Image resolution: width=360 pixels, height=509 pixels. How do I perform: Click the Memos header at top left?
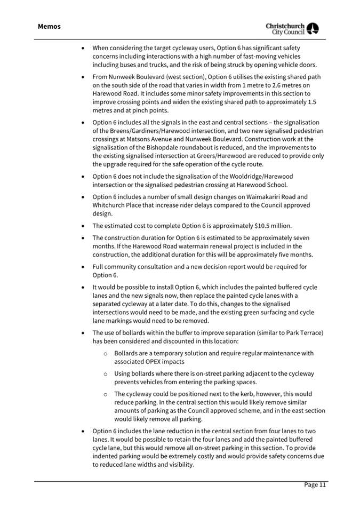pos(49,26)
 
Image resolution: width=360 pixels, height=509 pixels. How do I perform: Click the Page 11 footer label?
pos(315,484)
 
